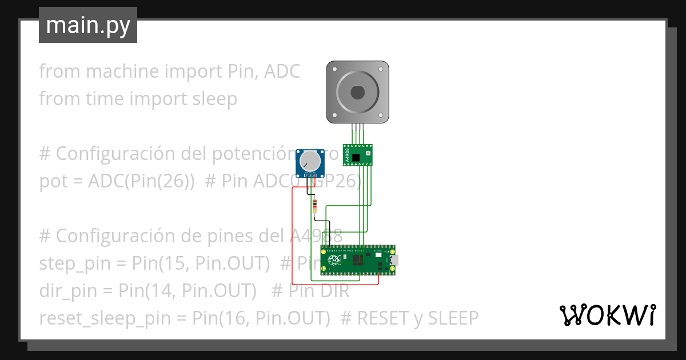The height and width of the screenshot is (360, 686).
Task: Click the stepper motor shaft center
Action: (x=358, y=92)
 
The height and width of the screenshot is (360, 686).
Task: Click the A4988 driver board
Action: (x=357, y=154)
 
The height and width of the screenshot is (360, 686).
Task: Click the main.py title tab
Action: (x=88, y=25)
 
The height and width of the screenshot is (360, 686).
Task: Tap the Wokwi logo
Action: (x=607, y=315)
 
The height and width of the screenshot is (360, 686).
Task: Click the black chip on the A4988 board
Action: (x=356, y=157)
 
